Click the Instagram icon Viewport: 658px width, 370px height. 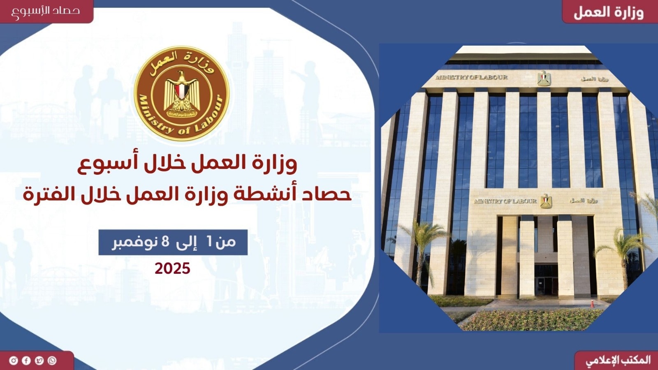pos(14,361)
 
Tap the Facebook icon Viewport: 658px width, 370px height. pos(26,361)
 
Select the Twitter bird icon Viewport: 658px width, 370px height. pos(39,361)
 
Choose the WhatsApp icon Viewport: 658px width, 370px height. pos(52,361)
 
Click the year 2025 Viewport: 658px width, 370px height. pos(172,269)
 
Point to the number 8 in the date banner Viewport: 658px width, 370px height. pos(165,242)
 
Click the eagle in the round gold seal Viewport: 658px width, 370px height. pos(181,94)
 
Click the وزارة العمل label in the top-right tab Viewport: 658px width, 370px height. pos(609,12)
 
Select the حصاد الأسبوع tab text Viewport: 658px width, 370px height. pos(46,11)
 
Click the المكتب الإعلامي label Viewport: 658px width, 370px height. pos(618,361)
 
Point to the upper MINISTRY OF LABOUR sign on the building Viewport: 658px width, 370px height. pos(471,77)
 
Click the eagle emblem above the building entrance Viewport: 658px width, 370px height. pos(546,201)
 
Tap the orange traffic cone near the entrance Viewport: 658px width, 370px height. pos(592,303)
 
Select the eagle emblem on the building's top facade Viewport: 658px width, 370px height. pos(544,78)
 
